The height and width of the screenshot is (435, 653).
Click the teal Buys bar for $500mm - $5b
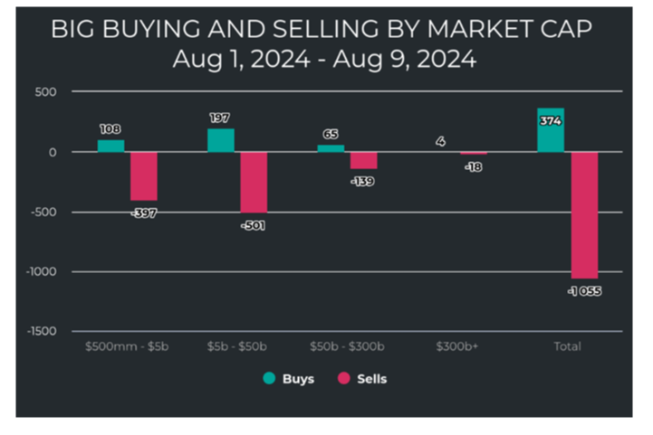coord(110,146)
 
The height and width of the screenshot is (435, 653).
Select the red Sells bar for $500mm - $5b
coord(144,176)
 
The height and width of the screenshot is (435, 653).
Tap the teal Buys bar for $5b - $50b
coord(221,140)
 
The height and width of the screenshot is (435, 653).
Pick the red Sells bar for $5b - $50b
coord(254,183)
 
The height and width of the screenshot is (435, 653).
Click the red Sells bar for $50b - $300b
coord(363,161)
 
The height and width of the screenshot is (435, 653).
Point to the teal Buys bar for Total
coord(551,130)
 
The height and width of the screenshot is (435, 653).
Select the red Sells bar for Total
coord(584,215)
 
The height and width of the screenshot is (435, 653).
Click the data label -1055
coord(585,291)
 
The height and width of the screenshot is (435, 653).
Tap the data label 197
coord(219,118)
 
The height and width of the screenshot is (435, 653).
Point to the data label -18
coord(474,167)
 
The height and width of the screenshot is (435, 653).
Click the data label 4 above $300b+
coord(440,142)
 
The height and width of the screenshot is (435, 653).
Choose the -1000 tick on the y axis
coord(42,271)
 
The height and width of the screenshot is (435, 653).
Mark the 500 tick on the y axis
coord(46,92)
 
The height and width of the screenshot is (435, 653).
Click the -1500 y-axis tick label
coord(42,331)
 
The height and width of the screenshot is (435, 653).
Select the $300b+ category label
coord(456,346)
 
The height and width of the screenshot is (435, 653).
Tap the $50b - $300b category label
coord(347,346)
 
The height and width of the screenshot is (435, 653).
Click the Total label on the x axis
coord(567,346)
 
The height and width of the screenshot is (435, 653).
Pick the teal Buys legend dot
coord(270,378)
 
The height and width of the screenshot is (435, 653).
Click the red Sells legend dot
coord(344,378)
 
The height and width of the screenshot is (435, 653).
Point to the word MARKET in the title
coord(479,29)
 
